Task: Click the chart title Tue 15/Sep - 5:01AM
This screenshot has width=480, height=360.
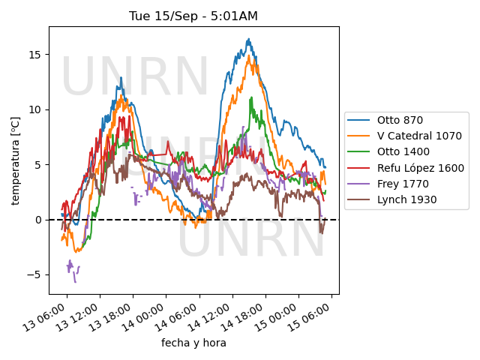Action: [x=193, y=16]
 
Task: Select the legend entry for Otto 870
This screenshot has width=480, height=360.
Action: [x=385, y=120]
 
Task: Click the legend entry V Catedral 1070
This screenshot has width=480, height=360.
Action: [x=405, y=136]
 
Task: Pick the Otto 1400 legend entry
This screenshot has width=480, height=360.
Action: [x=388, y=151]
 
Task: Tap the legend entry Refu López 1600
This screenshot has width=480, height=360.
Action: [x=406, y=168]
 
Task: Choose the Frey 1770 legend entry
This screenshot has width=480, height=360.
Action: [x=388, y=184]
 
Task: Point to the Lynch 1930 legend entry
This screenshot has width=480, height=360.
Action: [x=392, y=200]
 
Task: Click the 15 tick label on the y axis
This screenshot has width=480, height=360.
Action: [x=35, y=55]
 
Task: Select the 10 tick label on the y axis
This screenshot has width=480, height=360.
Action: [x=35, y=109]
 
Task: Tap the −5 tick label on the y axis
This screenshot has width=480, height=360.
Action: [x=34, y=275]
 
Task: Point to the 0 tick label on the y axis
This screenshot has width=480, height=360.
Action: [x=38, y=220]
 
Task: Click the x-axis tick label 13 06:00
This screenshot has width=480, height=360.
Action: [x=45, y=317]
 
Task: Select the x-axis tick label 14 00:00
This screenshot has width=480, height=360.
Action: [x=144, y=317]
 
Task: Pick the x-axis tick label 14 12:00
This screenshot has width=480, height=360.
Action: [x=210, y=317]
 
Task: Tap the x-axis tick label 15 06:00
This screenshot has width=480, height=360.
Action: [x=309, y=317]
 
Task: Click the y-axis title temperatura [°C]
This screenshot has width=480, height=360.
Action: [x=15, y=160]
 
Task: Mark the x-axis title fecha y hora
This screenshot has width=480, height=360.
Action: [x=193, y=343]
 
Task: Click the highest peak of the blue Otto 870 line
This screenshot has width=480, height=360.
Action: [x=249, y=38]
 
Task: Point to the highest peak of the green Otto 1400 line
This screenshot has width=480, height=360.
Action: [x=252, y=97]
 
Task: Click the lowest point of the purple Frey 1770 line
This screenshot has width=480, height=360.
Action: [x=75, y=282]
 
